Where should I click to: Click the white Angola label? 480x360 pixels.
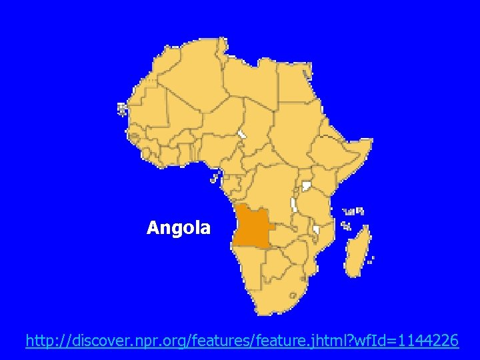178,228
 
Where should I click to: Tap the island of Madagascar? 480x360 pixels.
357,250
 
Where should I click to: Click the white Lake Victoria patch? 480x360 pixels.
307,186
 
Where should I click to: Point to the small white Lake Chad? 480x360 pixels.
241,134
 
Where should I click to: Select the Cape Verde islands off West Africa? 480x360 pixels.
122,109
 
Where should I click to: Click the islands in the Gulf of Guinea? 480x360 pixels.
215,177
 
